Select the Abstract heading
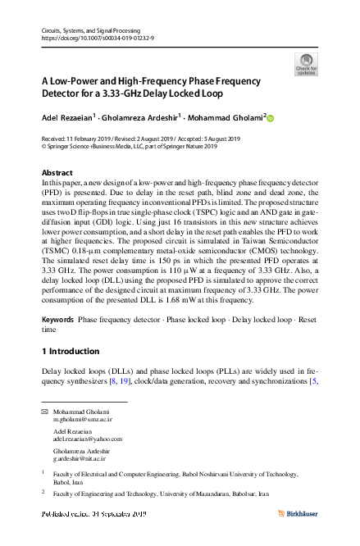coord(57,173)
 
